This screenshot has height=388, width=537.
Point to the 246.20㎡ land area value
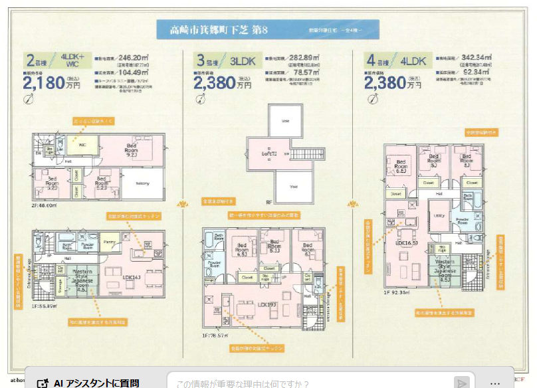pos(133,58)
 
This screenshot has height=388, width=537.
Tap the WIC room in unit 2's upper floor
pos(84,144)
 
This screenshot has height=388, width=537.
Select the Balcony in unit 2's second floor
pos(142,183)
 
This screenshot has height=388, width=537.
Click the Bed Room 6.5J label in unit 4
pos(401,166)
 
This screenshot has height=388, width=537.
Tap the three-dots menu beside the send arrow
pos(494,383)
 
